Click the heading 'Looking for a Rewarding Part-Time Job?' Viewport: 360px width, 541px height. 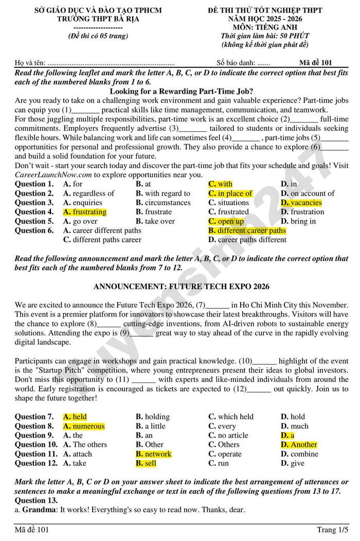[181, 92]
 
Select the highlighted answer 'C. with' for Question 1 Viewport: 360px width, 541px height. [220, 184]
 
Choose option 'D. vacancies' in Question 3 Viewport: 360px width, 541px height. [301, 203]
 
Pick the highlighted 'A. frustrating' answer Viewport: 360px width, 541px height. [84, 212]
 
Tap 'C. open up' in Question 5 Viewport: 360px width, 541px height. [226, 221]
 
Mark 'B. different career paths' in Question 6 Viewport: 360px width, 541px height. [247, 231]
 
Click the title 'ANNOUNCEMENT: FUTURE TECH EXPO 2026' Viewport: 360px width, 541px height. [182, 286]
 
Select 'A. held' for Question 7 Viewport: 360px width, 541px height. [75, 417]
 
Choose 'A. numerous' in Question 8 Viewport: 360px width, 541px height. [83, 426]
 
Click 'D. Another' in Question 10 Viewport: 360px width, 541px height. [299, 445]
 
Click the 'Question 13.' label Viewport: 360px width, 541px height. [36, 500]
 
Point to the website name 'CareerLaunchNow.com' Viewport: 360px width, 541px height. [53, 175]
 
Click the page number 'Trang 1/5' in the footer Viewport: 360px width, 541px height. [332, 530]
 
